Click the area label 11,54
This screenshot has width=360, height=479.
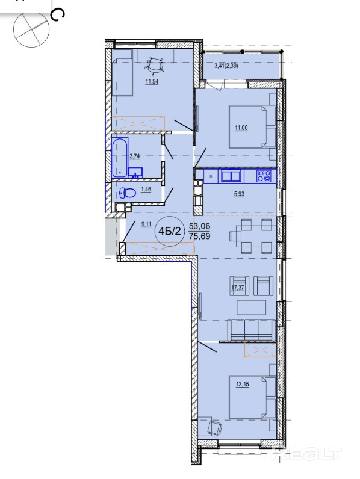pos(152,82)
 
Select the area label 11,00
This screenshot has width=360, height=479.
pos(241,128)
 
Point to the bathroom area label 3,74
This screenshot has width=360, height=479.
pos(135,156)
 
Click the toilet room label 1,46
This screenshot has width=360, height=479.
pos(146,190)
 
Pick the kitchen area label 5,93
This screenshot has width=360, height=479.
pos(239,194)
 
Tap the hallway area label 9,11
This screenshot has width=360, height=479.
pos(146,224)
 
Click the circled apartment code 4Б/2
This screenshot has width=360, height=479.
pos(170,231)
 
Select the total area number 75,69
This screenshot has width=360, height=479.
pos(200,236)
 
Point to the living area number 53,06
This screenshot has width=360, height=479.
pos(200,226)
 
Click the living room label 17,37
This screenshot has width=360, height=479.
pos(238,288)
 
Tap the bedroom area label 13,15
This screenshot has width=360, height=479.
pos(243,385)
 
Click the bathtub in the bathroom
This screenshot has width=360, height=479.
pos(120,158)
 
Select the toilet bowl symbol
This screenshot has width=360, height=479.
pos(128,193)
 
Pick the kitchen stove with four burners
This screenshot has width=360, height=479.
pos(264,176)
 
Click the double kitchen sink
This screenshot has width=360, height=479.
pos(232,176)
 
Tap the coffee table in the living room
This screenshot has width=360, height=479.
pos(252,307)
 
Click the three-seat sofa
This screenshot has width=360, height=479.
pos(252,329)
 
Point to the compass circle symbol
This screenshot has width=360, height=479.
pos(31,29)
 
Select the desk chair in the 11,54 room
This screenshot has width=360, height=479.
pos(155,66)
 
